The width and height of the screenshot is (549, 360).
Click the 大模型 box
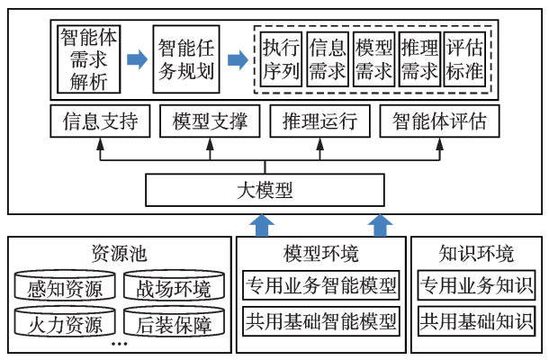(x=265, y=191)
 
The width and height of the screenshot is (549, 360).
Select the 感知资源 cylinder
(x=65, y=289)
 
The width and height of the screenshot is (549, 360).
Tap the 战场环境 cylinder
(x=174, y=289)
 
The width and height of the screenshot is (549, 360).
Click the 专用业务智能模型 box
(x=321, y=287)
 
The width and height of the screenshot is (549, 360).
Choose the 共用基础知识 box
(x=476, y=319)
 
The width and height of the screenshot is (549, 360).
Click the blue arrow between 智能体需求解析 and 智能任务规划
(x=136, y=60)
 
